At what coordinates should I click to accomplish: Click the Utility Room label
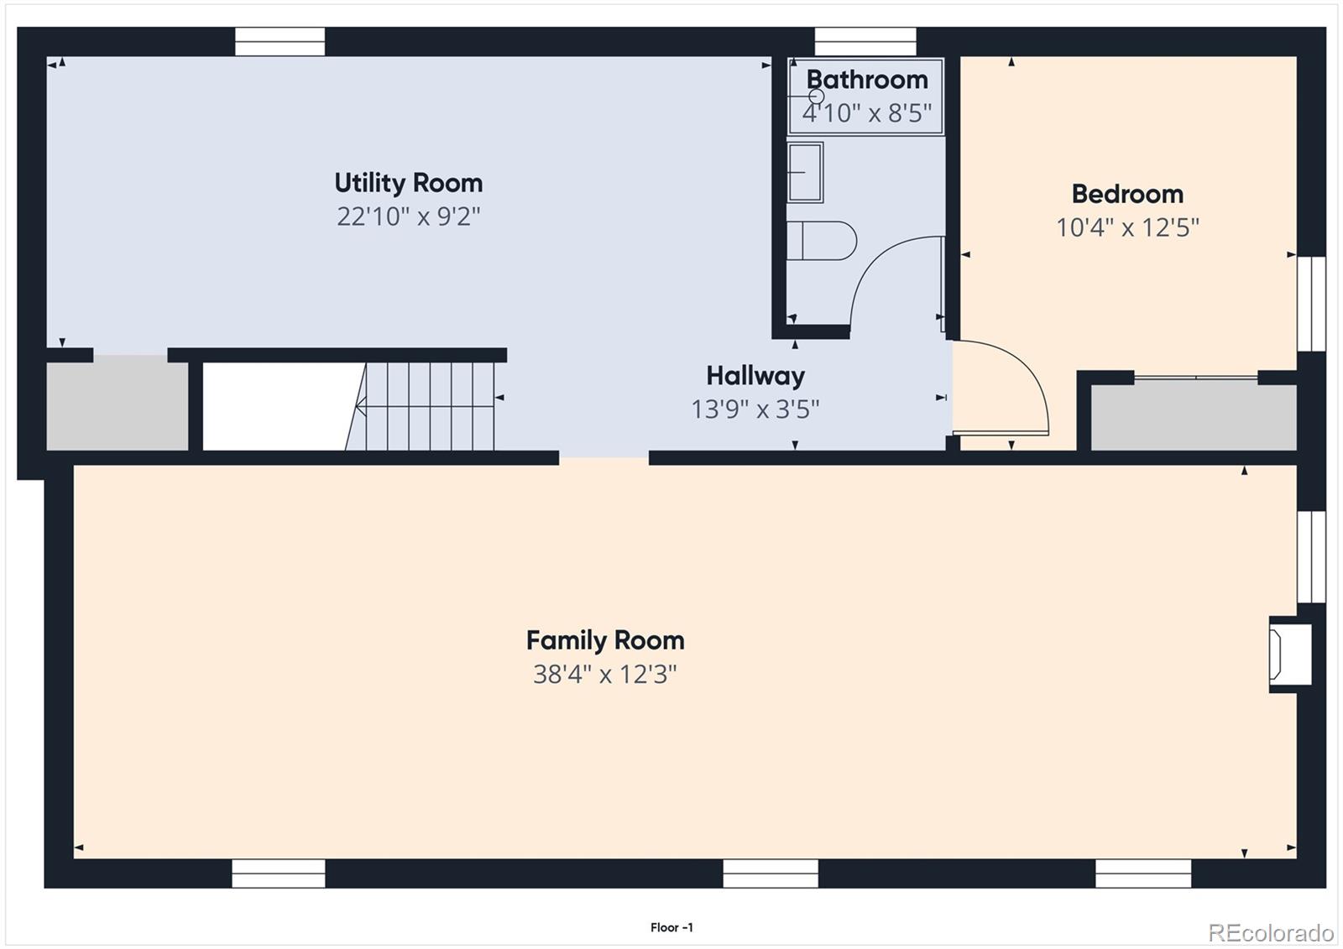click(x=409, y=183)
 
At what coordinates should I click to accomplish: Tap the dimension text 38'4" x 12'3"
click(x=604, y=674)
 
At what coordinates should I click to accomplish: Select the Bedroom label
click(x=1127, y=194)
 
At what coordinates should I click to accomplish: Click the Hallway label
click(x=755, y=375)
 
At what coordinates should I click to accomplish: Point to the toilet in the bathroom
click(x=822, y=241)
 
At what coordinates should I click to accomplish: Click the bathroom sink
click(x=805, y=172)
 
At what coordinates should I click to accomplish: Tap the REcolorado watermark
click(x=1271, y=932)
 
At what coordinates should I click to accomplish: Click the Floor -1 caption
click(x=671, y=927)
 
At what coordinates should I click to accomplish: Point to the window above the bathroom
click(x=865, y=41)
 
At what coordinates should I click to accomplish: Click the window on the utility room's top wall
click(x=280, y=41)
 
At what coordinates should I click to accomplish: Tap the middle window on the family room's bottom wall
click(x=771, y=873)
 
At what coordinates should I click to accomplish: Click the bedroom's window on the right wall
click(x=1311, y=304)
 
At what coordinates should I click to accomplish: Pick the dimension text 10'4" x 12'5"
click(x=1127, y=227)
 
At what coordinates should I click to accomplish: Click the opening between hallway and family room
click(x=604, y=458)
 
